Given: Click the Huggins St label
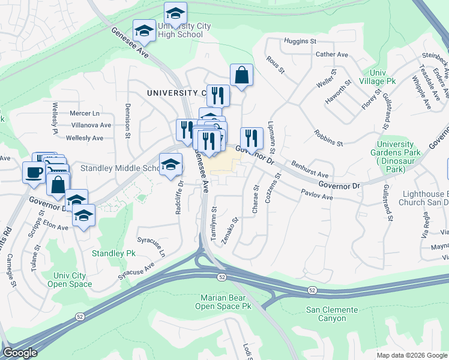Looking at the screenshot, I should point(301,41).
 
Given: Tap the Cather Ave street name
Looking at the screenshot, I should point(332,55).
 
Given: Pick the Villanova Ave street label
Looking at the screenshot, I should point(88,125).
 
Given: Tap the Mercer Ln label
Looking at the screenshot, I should point(84,113).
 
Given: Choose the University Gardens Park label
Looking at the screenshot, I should point(396,157).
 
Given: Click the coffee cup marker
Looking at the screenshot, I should point(34,172).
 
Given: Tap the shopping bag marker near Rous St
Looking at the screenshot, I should point(241,75).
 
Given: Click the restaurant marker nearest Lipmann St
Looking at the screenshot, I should point(252,137).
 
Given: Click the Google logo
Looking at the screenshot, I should point(20,353).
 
